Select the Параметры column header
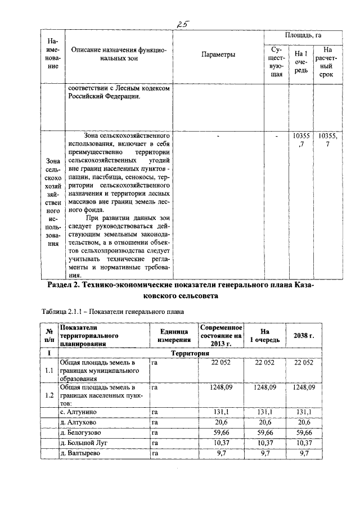coord(218,55)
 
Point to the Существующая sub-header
coord(276,62)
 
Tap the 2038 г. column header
coord(304,336)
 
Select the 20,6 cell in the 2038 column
coord(304,422)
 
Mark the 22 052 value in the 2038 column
coord(304,363)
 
